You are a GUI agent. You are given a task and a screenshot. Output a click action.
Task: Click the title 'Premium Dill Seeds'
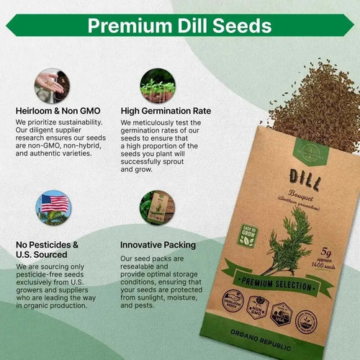click(179, 26)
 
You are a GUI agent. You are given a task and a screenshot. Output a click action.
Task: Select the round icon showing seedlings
click(157, 86)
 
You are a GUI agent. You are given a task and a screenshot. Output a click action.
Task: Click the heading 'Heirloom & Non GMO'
click(58, 112)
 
